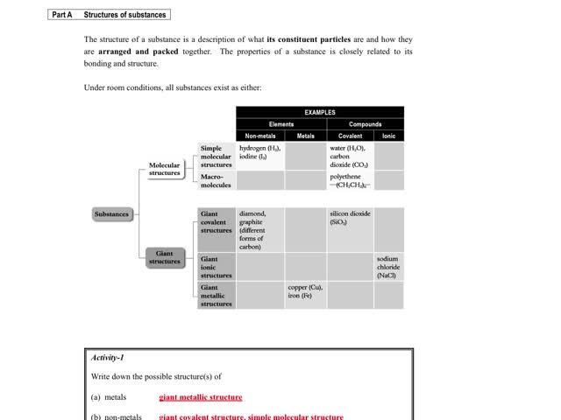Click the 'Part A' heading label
pos(62,15)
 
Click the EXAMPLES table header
pos(320,112)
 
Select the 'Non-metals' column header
pos(260,136)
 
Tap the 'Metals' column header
pos(306,136)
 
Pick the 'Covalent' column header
pos(350,136)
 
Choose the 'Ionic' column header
pos(389,136)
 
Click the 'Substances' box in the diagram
pos(112,214)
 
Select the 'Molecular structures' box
pos(164,169)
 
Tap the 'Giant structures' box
pos(164,257)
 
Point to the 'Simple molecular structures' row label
pos(217,157)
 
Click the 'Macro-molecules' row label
pos(217,180)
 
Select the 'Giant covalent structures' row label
pos(217,222)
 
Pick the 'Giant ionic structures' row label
pos(217,267)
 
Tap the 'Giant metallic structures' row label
pos(217,296)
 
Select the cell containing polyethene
pos(350,180)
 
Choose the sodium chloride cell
pos(388,267)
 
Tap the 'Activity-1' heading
pos(108,358)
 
